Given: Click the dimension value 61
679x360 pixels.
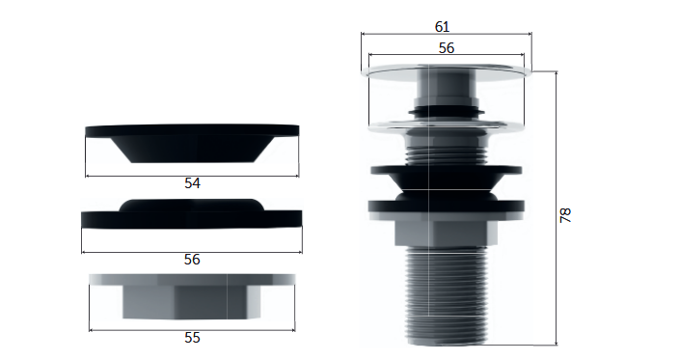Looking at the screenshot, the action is [442, 27].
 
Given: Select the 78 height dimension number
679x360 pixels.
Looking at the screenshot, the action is [565, 215].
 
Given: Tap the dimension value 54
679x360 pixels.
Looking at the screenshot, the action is [192, 183].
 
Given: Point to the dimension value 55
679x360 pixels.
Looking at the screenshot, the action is [192, 338].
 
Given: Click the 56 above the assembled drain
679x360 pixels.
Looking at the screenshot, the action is [447, 47].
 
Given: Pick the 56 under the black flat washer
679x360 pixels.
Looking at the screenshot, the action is [192, 260].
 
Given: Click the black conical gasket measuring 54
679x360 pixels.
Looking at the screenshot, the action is [192, 144].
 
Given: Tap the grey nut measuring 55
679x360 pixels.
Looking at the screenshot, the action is [192, 296].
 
